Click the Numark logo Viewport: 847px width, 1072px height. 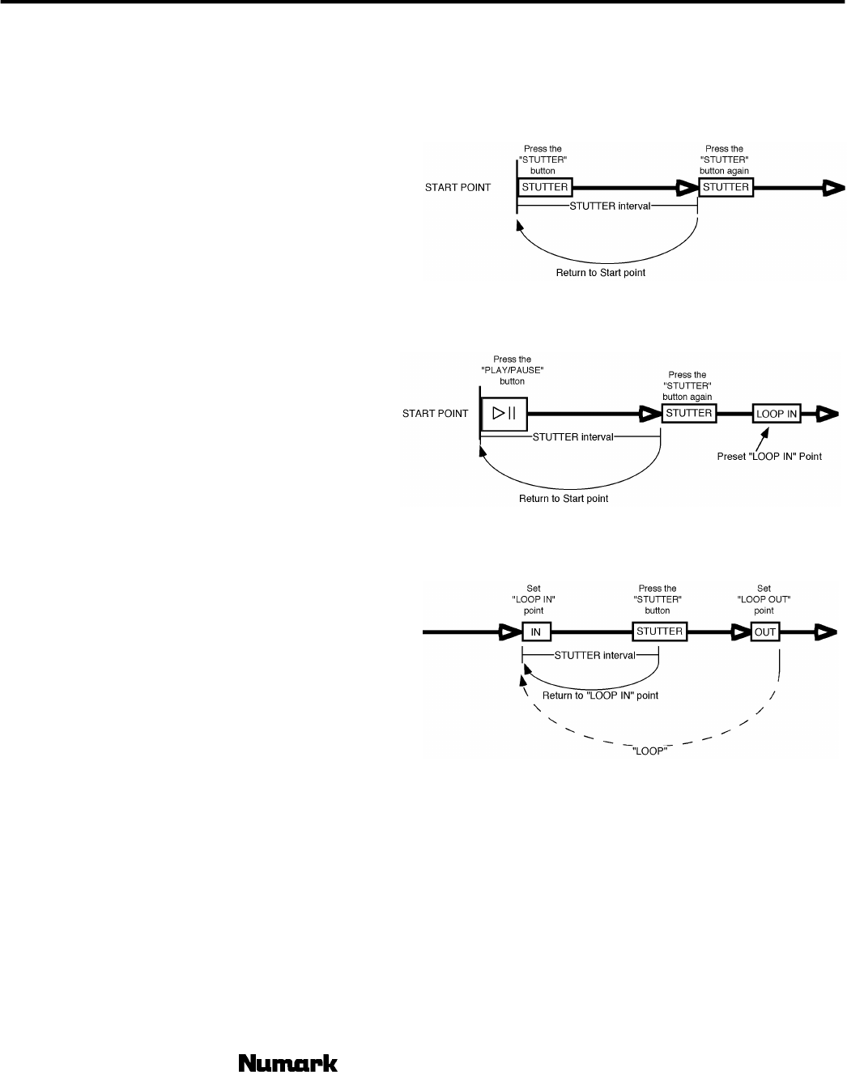(287, 1062)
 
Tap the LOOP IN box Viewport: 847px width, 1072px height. (777, 414)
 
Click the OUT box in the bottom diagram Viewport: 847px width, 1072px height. (765, 632)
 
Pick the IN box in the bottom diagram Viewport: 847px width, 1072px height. (535, 632)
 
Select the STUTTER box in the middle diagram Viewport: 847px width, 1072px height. (688, 413)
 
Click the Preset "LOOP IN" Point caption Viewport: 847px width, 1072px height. (769, 457)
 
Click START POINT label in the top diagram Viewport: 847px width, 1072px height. (458, 188)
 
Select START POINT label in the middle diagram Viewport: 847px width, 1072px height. (436, 414)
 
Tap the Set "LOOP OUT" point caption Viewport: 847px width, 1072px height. (764, 599)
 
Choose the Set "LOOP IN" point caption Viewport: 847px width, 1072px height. (534, 599)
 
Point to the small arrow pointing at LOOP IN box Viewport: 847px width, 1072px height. (760, 438)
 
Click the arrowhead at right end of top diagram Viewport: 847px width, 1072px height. (832, 189)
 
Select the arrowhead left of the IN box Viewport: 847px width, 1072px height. (509, 632)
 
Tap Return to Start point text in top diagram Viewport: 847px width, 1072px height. (600, 273)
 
